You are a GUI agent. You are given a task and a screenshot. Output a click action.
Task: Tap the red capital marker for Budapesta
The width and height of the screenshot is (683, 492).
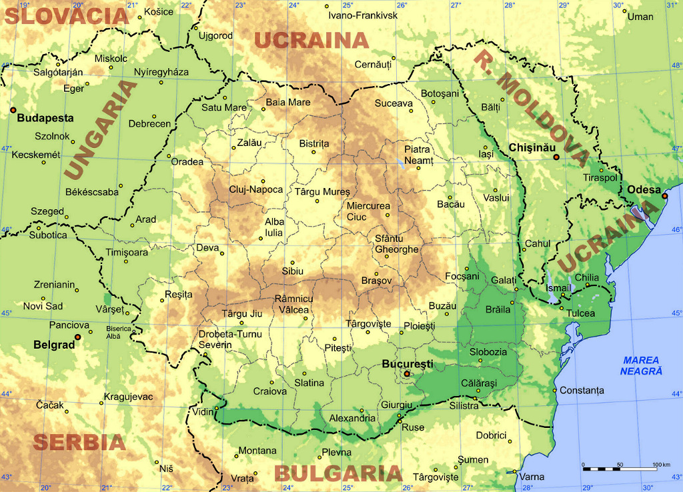pos(13,109)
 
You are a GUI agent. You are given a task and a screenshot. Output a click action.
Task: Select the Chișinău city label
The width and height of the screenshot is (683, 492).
pos(531,147)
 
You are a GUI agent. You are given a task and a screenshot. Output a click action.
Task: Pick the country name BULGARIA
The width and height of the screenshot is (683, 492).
pos(338,473)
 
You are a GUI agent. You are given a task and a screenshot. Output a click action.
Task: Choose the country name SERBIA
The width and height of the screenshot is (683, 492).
pos(79,442)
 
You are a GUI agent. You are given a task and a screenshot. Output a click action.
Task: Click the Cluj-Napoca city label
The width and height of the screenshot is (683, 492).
pos(255,189)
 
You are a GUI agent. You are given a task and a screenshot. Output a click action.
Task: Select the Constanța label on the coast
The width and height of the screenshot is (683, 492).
pos(582,390)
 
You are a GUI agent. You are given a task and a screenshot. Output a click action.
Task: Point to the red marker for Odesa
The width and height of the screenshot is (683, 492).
pos(664,196)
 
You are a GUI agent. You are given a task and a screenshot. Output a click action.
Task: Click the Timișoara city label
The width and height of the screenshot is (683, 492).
pos(127,252)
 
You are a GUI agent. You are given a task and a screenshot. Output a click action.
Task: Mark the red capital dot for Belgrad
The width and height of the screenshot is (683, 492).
pos(78,337)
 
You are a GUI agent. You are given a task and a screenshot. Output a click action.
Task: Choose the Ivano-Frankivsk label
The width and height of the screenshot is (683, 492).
pos(363,15)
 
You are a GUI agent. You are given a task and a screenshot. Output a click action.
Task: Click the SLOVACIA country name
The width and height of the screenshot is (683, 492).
pos(67,16)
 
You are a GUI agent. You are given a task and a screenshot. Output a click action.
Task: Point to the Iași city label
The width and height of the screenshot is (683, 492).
pos(486,154)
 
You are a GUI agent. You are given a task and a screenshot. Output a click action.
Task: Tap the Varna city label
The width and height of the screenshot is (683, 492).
pos(532,477)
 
